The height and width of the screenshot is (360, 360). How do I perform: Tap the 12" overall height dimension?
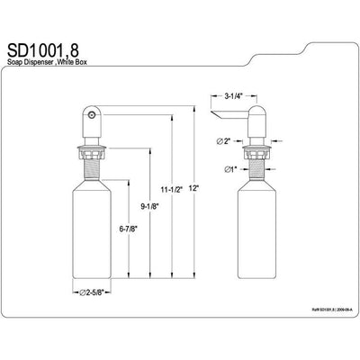pos(195,189)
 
